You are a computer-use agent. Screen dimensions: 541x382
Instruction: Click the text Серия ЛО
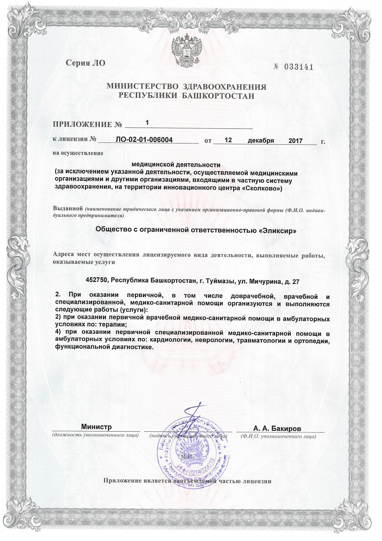click(86, 63)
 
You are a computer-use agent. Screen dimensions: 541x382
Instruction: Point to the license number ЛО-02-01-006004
click(144, 140)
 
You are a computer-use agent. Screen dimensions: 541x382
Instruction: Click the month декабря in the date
click(261, 141)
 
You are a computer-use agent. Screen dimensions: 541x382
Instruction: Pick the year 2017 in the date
click(295, 141)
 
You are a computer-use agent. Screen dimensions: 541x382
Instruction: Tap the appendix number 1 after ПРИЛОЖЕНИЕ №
click(147, 122)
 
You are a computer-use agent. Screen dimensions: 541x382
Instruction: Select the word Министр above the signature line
click(96, 427)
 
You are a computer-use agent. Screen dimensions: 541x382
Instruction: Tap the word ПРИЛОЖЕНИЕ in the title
click(83, 125)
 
